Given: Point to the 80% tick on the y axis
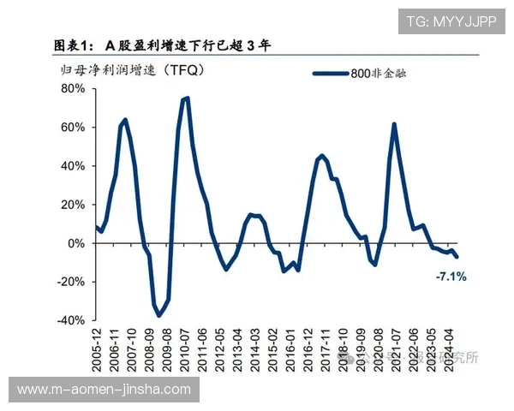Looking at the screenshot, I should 72,88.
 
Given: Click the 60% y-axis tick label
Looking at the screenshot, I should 72,127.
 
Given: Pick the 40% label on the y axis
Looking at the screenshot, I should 72,165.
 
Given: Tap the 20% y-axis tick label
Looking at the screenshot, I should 72,204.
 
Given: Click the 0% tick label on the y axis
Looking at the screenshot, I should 75,243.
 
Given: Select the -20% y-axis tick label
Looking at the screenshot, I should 70,282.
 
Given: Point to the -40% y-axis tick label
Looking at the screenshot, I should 70,320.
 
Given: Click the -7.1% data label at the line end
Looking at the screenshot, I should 451,277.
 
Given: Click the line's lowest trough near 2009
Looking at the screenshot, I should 158,316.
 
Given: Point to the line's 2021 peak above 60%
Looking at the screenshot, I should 394,124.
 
